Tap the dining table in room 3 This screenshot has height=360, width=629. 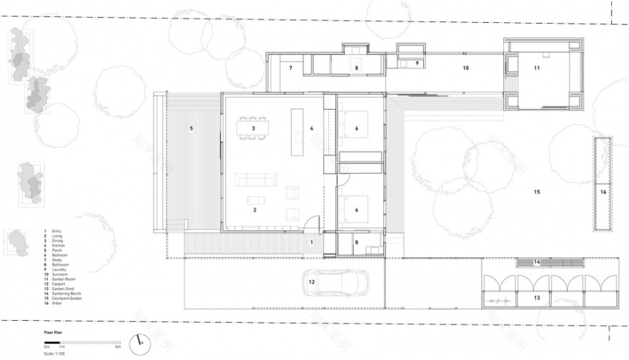pos(254,128)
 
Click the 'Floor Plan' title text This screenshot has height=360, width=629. pos(53,332)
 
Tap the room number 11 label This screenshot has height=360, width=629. pos(536,68)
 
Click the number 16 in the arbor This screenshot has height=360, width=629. pos(603,192)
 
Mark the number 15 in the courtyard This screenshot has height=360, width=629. pos(536,192)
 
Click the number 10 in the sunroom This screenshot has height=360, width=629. pos(465,69)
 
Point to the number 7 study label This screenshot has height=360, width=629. pos(291,69)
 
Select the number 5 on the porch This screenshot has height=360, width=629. pos(191,129)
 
